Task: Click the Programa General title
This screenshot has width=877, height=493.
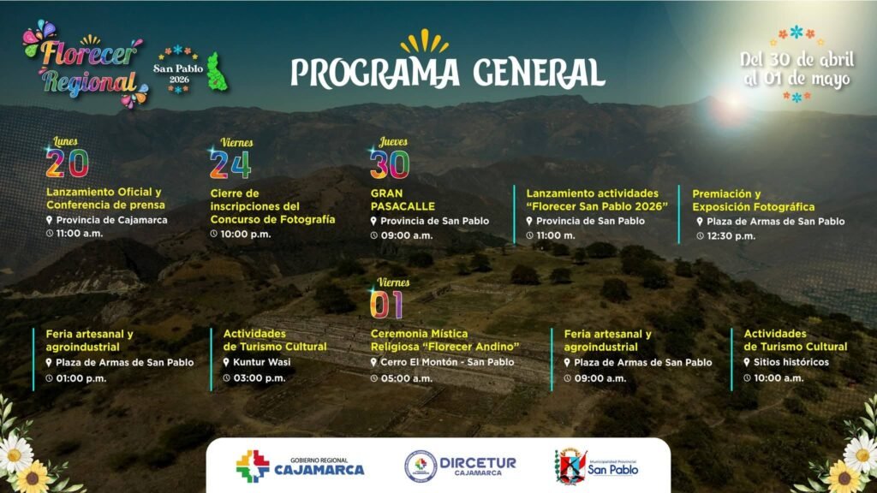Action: click(x=447, y=72)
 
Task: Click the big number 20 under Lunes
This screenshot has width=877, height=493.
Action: click(x=67, y=163)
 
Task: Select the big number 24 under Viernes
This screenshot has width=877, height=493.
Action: click(x=230, y=164)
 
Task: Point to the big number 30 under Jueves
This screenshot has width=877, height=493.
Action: click(x=390, y=164)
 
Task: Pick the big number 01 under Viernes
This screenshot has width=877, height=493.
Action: click(x=386, y=306)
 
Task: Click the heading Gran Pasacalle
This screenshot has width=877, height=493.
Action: click(x=403, y=199)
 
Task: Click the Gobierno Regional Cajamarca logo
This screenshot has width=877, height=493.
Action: click(x=300, y=466)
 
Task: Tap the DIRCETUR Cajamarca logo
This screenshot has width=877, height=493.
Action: click(x=460, y=466)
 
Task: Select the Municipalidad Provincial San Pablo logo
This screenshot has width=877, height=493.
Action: click(x=596, y=466)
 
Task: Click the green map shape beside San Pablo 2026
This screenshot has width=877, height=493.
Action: click(x=217, y=72)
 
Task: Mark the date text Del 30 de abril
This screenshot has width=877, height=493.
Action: click(x=797, y=59)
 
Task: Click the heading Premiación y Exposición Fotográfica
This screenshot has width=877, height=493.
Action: click(x=754, y=200)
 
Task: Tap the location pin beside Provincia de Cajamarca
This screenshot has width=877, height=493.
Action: click(x=49, y=220)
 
